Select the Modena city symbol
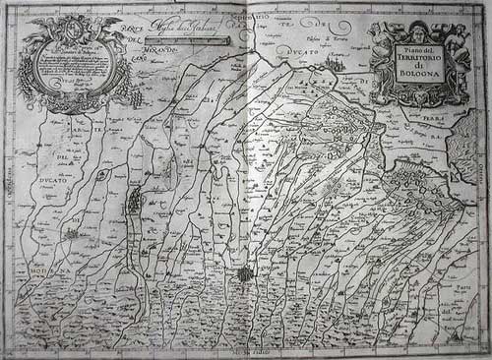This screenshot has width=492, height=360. [x=72, y=235]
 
